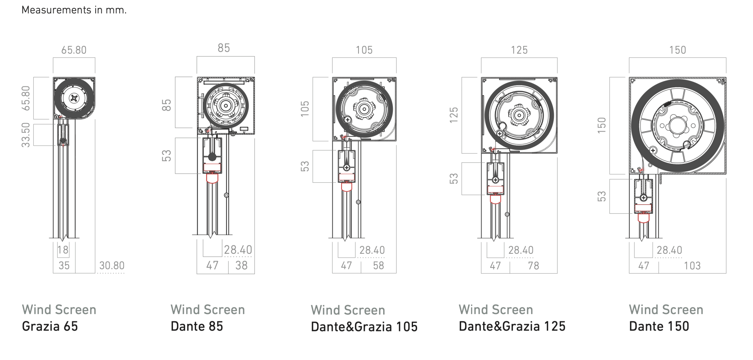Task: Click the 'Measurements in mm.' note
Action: (74, 10)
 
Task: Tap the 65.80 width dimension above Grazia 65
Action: (74, 50)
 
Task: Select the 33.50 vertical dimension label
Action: (26, 135)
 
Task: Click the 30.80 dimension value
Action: (112, 265)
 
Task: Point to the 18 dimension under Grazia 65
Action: (63, 250)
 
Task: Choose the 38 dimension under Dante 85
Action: (242, 265)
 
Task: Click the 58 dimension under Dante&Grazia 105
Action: (378, 265)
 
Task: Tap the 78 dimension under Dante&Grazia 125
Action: (533, 265)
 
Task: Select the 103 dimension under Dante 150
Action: (692, 265)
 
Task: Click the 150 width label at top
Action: (678, 50)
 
